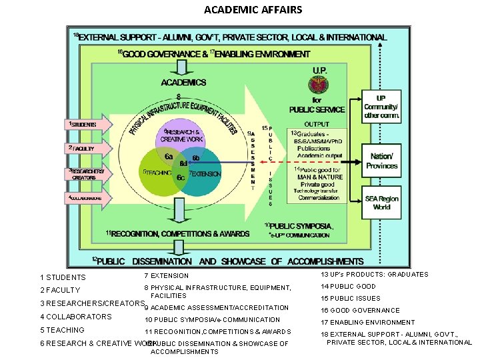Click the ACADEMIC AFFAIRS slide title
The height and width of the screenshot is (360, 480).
click(253, 9)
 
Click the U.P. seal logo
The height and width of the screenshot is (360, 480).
click(317, 85)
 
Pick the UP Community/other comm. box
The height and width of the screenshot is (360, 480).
click(381, 107)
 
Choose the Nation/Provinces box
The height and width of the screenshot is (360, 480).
click(381, 161)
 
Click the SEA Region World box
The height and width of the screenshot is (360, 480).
click(381, 203)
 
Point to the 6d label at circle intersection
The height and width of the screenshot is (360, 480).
click(183, 162)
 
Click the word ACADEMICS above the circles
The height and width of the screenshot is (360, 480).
click(183, 83)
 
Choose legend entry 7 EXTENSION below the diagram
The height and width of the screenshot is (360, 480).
click(166, 275)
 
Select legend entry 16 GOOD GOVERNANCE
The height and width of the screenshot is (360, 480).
click(361, 310)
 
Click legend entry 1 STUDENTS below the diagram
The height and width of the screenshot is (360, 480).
click(63, 277)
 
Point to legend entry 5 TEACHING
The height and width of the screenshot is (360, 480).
click(62, 330)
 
